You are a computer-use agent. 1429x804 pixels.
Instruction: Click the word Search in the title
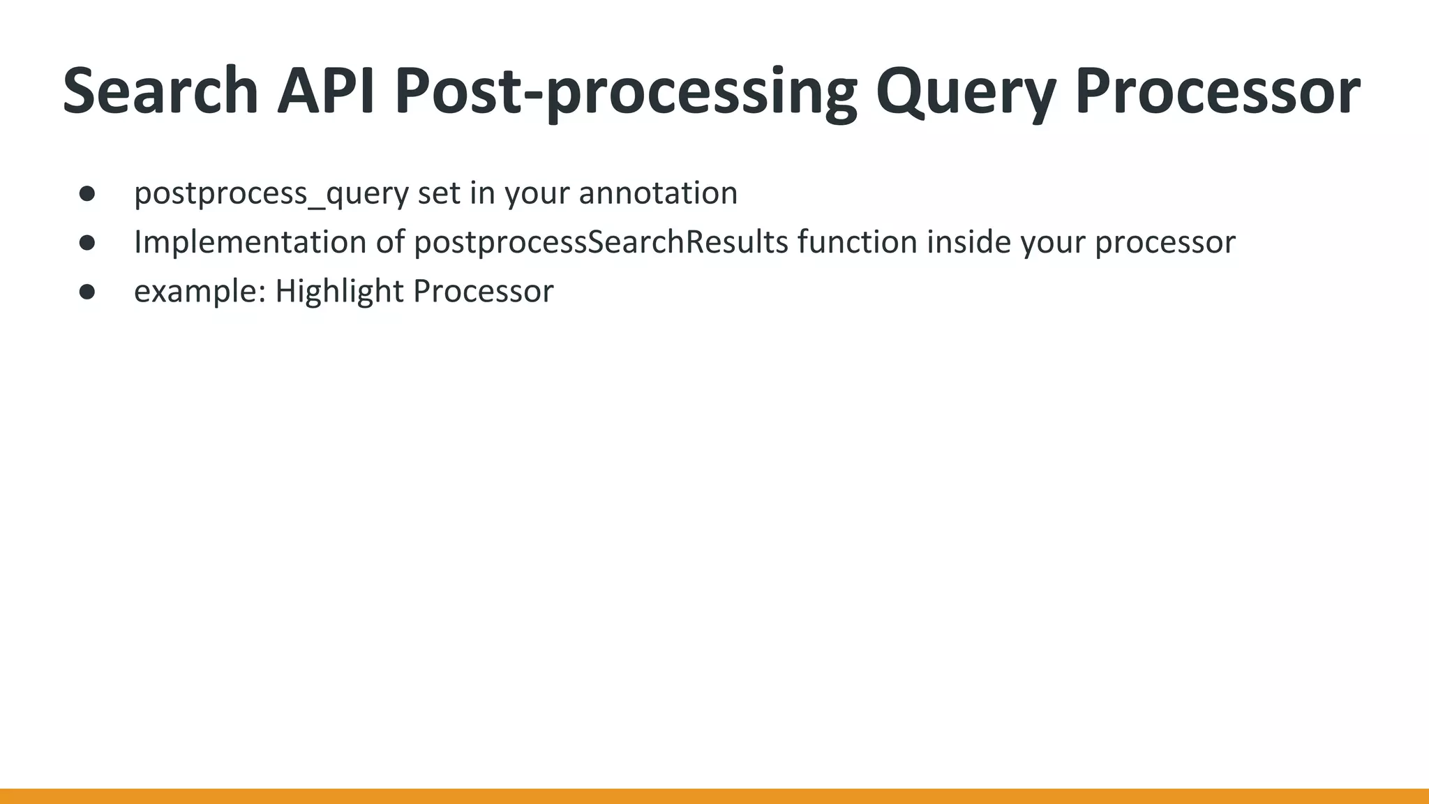[x=160, y=91]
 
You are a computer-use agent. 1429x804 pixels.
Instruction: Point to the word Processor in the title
[x=1218, y=91]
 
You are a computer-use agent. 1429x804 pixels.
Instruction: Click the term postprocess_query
[x=271, y=194]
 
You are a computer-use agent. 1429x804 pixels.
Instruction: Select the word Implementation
[x=250, y=243]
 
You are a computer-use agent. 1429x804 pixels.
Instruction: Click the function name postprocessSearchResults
[x=601, y=243]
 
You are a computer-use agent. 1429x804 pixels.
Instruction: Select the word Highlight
[x=338, y=292]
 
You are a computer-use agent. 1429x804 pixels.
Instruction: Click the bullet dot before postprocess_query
[x=87, y=193]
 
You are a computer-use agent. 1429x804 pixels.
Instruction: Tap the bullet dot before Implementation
[x=87, y=242]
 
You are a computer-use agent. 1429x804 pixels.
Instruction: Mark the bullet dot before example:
[x=87, y=291]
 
